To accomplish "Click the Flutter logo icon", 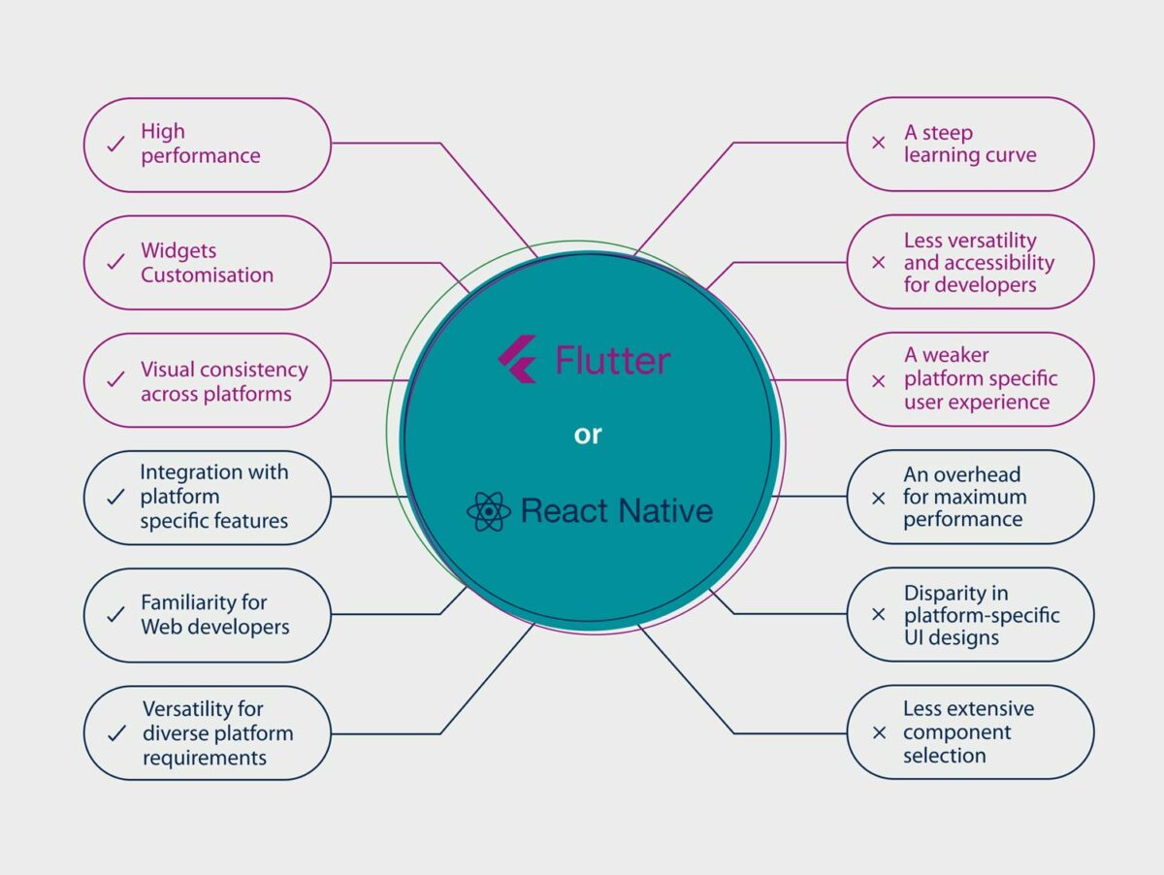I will pyautogui.click(x=517, y=360).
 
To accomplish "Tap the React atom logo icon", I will pyautogui.click(x=488, y=511).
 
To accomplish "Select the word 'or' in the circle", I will pyautogui.click(x=588, y=435).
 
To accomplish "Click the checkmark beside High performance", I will pyautogui.click(x=115, y=144).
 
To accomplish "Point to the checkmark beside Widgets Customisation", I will pyautogui.click(x=115, y=262).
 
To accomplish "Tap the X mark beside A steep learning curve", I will pyautogui.click(x=879, y=143).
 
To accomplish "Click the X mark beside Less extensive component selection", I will pyautogui.click(x=879, y=732).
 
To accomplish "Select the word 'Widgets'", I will pyautogui.click(x=178, y=251).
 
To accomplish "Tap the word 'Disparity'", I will pyautogui.click(x=942, y=593).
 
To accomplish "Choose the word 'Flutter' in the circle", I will pyautogui.click(x=612, y=361).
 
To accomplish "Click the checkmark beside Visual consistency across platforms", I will pyautogui.click(x=115, y=379).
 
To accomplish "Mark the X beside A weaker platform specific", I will pyautogui.click(x=879, y=380).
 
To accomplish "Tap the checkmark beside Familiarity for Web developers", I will pyautogui.click(x=115, y=615).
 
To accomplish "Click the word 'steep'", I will pyautogui.click(x=947, y=132).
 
